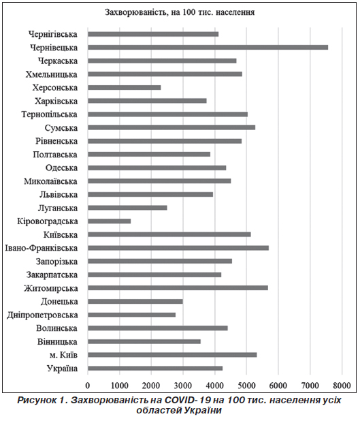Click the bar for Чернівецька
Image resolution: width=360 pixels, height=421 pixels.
(208, 48)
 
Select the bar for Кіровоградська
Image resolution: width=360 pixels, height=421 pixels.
(109, 221)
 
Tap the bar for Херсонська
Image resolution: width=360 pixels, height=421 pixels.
(125, 87)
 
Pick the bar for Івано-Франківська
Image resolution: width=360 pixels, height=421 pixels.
(178, 248)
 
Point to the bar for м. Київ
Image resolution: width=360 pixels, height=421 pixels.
(172, 355)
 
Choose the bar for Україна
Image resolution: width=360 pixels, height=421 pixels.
(155, 369)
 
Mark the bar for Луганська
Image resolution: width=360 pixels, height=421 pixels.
(127, 208)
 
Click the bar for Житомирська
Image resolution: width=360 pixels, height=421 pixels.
(178, 288)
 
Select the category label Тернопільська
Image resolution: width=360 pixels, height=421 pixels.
(50, 114)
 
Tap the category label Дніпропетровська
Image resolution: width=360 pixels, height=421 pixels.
(42, 315)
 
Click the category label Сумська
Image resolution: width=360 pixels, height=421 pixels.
(61, 128)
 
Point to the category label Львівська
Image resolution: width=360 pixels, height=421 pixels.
(59, 195)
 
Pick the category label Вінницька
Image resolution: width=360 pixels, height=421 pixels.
(57, 342)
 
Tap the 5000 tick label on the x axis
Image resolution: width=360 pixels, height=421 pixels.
(246, 386)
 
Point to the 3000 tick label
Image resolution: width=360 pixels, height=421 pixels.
(183, 386)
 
